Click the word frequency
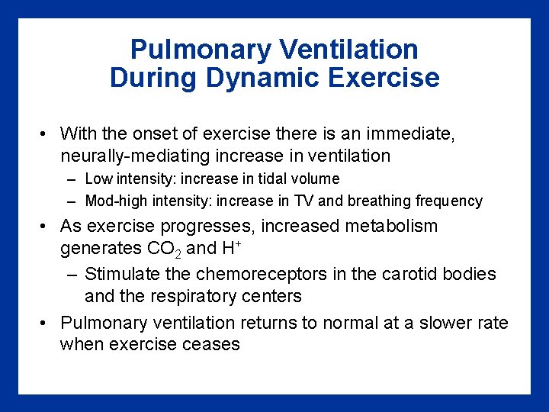[x=449, y=201]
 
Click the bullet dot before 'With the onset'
[x=46, y=135]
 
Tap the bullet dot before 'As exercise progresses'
[x=46, y=227]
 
